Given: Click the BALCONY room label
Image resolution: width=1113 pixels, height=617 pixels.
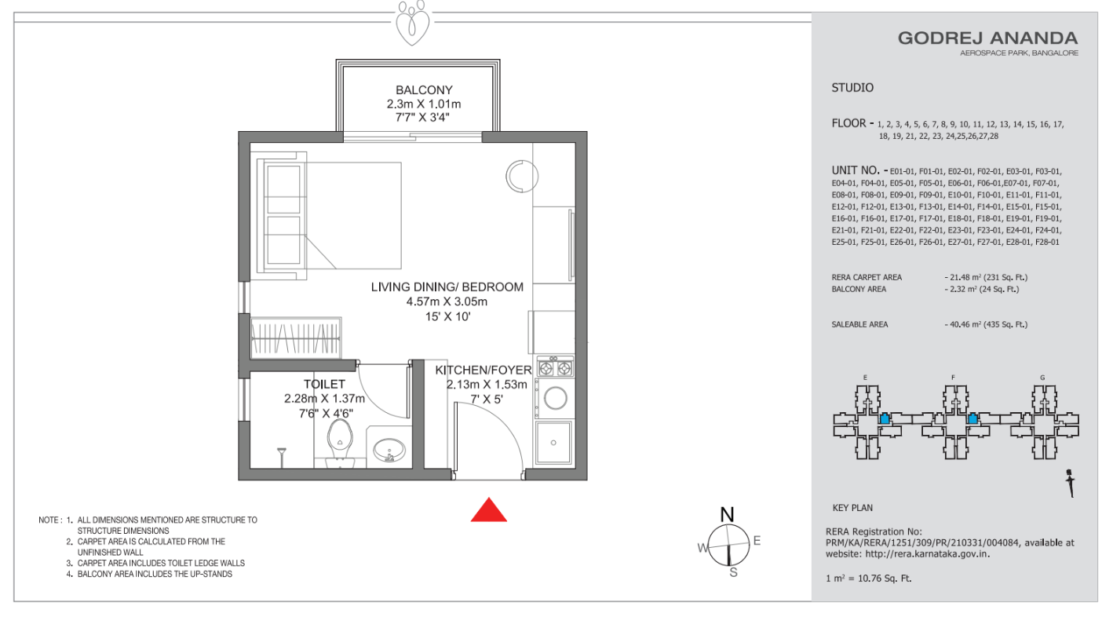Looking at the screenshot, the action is coord(424,90).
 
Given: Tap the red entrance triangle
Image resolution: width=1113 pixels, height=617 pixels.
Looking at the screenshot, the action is coord(489,511).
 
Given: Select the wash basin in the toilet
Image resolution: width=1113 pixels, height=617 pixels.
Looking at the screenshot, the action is coord(389,450).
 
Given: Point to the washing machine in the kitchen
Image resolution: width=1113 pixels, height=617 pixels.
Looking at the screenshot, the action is coord(554,399).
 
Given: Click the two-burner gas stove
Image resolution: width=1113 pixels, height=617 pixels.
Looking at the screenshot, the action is coord(555,367).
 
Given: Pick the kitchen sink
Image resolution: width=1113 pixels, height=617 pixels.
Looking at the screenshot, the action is coord(553,443).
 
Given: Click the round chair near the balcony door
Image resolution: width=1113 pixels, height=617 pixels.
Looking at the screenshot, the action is coord(522,177).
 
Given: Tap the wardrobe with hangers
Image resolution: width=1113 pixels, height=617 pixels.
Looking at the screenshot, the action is coord(296,338).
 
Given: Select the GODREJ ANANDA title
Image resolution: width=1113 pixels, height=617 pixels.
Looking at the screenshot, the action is coord(987,38).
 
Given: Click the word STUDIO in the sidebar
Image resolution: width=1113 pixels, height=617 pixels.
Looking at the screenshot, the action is coord(852,88).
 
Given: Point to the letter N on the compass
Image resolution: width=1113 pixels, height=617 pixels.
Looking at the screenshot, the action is coord(727,514).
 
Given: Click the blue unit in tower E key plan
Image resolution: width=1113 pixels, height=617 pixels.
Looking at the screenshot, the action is coord(885,418).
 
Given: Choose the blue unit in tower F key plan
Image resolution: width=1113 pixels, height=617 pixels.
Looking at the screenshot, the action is coord(973,418).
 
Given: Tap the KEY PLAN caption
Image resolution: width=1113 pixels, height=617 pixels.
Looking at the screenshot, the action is coord(852,508).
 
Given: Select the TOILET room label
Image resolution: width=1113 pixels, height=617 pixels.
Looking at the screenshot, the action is coord(324,384).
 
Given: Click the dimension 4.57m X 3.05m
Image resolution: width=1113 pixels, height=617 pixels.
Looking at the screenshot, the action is coord(447,301).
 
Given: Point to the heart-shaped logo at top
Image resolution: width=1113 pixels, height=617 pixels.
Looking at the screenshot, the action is coord(412,23).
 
